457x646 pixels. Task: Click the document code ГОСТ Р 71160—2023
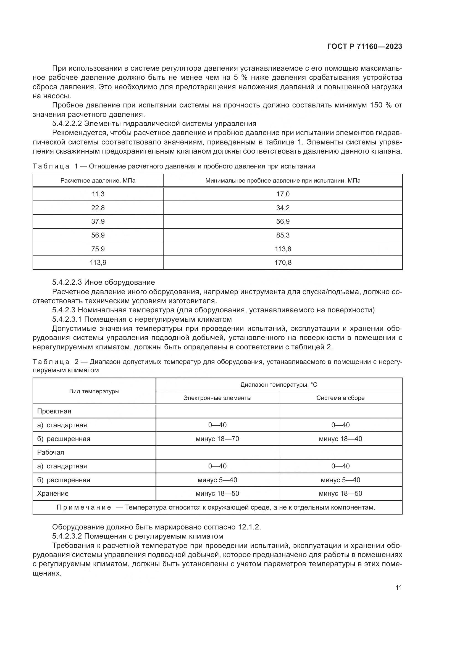pyautogui.click(x=364, y=47)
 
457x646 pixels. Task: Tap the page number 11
pyautogui.click(x=398, y=587)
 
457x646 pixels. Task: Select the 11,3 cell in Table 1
pyautogui.click(x=98, y=194)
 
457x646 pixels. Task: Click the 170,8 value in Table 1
pyautogui.click(x=283, y=262)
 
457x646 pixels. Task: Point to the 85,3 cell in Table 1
pyautogui.click(x=283, y=235)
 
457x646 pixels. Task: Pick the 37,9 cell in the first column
pyautogui.click(x=98, y=222)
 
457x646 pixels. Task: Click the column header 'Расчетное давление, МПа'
pyautogui.click(x=98, y=181)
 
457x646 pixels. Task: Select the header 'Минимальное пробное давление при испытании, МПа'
pyautogui.click(x=283, y=181)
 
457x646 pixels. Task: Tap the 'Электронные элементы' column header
pyautogui.click(x=217, y=398)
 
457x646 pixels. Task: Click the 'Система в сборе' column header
pyautogui.click(x=340, y=398)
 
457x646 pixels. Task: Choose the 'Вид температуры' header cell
pyautogui.click(x=94, y=391)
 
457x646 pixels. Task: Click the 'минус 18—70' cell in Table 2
pyautogui.click(x=217, y=439)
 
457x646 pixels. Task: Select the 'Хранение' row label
pyautogui.click(x=53, y=494)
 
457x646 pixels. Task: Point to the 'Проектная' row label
pyautogui.click(x=54, y=411)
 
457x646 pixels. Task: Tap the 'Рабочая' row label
pyautogui.click(x=51, y=452)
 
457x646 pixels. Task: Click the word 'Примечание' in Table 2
pyautogui.click(x=84, y=508)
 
